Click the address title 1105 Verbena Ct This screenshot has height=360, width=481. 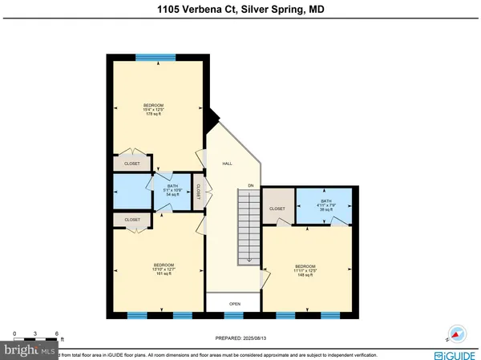click(x=240, y=10)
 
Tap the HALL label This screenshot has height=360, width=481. click(x=227, y=163)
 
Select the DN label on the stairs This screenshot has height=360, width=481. click(x=250, y=186)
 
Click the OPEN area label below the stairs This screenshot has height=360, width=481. click(x=235, y=304)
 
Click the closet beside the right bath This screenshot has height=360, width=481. click(x=278, y=208)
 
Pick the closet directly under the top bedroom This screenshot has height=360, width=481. click(x=131, y=164)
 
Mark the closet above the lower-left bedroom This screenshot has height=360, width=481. click(x=132, y=219)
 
